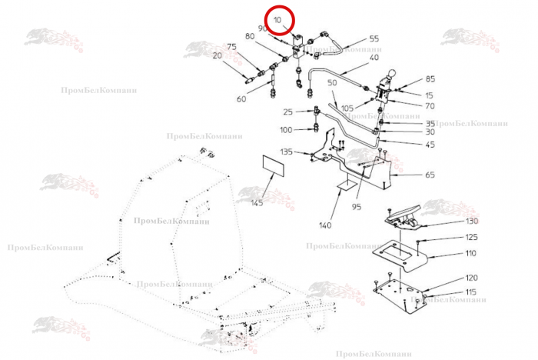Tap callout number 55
(x=374, y=38)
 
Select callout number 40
(x=374, y=58)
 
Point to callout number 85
(x=430, y=79)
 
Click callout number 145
(x=257, y=202)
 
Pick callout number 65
(x=429, y=175)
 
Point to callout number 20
(x=218, y=55)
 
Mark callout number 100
(x=286, y=129)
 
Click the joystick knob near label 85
(x=391, y=76)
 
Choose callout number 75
(x=231, y=46)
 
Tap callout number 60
(x=241, y=99)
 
